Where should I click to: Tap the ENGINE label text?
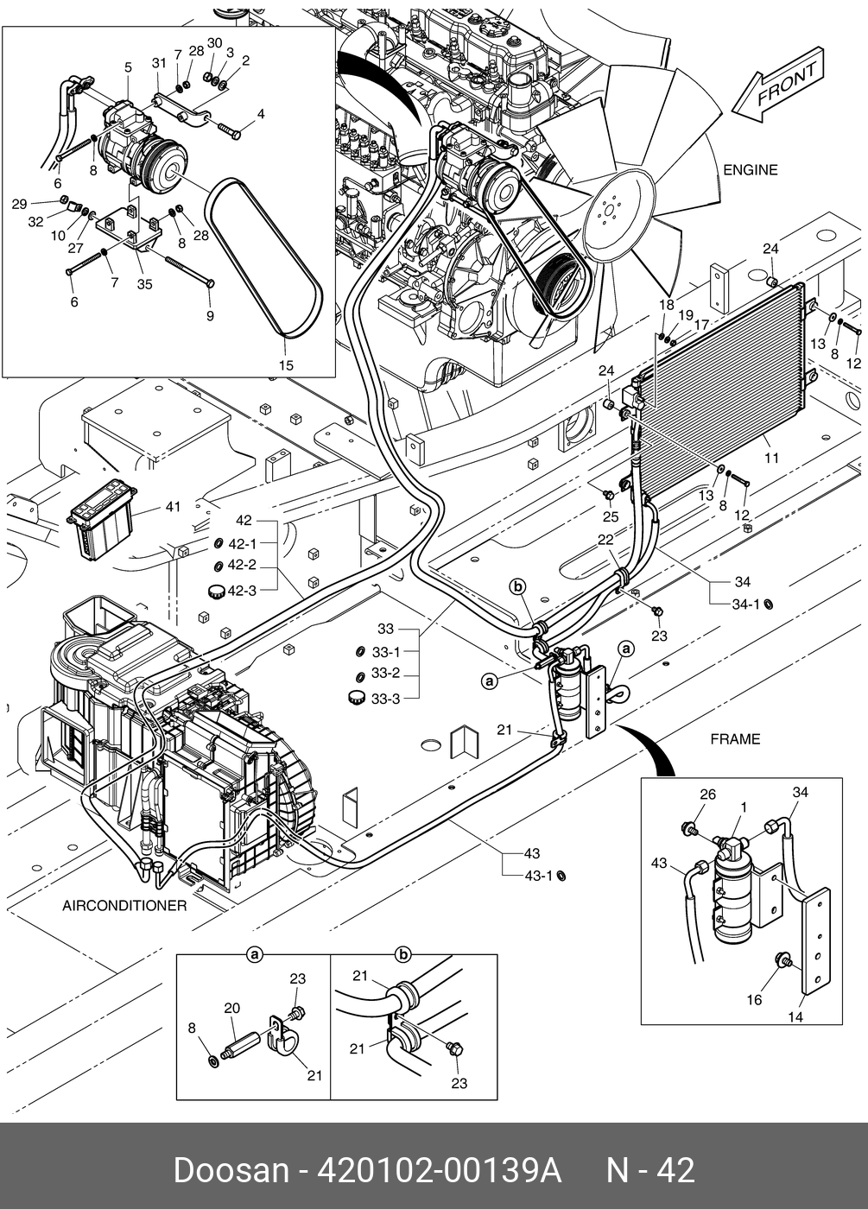pos(750,170)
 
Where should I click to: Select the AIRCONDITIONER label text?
pos(124,906)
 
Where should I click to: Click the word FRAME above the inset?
pos(735,739)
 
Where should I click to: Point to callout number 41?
pos(173,507)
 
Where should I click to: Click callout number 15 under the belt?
pos(286,365)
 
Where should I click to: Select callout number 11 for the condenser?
pos(771,458)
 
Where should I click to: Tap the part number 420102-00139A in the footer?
pos(440,1171)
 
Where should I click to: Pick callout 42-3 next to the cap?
pos(242,591)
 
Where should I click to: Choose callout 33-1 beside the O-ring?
pos(386,652)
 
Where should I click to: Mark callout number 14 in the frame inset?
pos(795,1017)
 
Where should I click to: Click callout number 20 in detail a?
pos(231,1008)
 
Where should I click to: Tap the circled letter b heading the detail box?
pos(403,954)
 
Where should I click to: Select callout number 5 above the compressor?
pos(128,67)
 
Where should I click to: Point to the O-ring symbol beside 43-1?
pos(561,877)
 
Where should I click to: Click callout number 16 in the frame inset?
pos(754,999)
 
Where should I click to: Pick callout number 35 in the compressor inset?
pos(144,283)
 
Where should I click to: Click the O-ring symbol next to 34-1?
pos(769,604)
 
